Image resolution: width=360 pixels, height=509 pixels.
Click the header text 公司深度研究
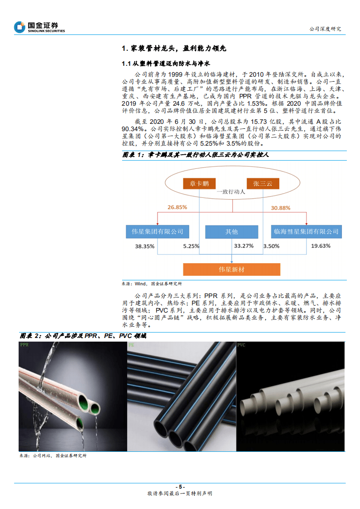click(x=325, y=29)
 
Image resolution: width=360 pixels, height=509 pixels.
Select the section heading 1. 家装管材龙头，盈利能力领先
click(x=174, y=49)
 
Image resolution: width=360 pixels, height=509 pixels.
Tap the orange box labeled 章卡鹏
click(x=199, y=184)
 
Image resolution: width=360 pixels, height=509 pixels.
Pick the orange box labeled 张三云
click(x=263, y=184)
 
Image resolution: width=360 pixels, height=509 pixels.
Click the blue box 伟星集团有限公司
click(x=158, y=232)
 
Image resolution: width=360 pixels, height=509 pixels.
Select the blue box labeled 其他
click(x=232, y=232)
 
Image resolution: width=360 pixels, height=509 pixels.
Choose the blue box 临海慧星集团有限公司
click(x=306, y=232)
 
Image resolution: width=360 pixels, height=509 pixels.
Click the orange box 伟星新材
click(x=232, y=269)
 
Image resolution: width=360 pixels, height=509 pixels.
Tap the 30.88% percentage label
click(x=281, y=208)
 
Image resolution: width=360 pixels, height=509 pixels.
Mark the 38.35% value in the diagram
click(x=145, y=246)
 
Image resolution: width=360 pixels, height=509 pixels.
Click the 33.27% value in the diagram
click(x=244, y=246)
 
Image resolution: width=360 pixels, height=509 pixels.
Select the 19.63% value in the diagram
click(x=321, y=246)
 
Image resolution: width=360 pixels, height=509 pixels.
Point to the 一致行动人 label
click(x=231, y=192)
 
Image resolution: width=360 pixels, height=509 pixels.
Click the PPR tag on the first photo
click(x=24, y=345)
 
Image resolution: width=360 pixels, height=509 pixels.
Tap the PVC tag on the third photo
click(x=242, y=345)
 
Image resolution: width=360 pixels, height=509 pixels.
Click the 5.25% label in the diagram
click(x=191, y=246)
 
